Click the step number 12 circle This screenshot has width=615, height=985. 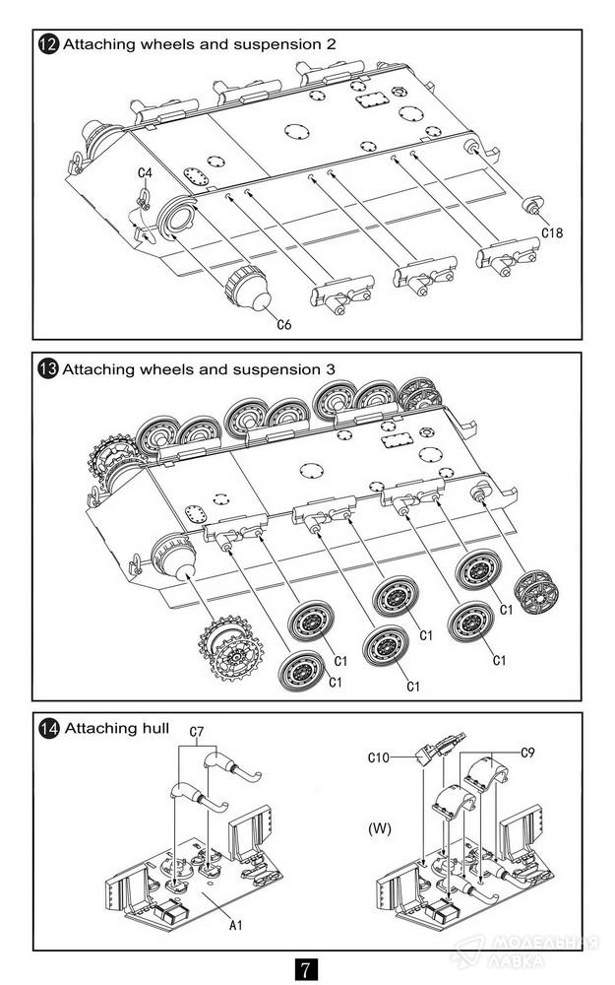tap(48, 44)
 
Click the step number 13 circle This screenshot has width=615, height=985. tap(47, 368)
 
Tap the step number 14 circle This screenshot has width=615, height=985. tap(48, 729)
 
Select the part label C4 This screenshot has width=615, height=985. tap(145, 172)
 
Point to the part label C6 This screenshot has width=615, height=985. tap(284, 324)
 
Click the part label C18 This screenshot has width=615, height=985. tap(552, 232)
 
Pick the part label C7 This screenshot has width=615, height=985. tap(197, 732)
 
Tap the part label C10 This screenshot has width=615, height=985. tap(379, 757)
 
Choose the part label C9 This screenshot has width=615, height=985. tap(527, 752)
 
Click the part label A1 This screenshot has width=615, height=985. tap(236, 925)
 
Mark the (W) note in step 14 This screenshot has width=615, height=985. tap(380, 828)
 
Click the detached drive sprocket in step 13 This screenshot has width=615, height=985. tap(225, 649)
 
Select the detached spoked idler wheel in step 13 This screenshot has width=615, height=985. tap(536, 592)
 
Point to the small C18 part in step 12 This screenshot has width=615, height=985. tap(533, 204)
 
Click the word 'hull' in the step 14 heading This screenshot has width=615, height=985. tap(156, 728)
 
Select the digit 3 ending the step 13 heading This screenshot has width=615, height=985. tap(330, 368)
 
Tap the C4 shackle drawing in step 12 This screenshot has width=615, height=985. tap(144, 199)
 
